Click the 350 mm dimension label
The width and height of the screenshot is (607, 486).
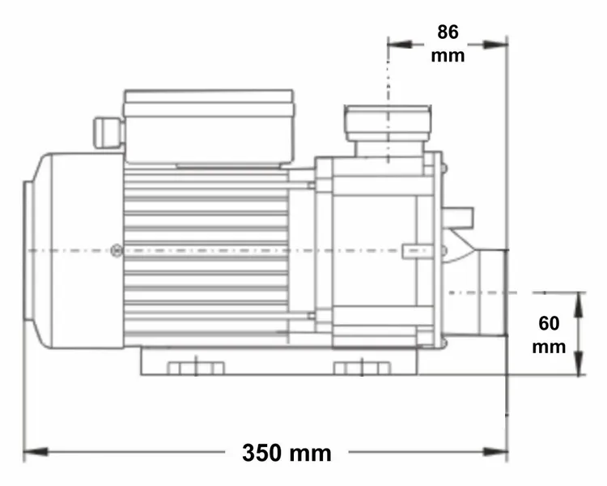[287, 452]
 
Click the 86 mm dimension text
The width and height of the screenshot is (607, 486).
[448, 44]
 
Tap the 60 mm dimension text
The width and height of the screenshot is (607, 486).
[549, 335]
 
